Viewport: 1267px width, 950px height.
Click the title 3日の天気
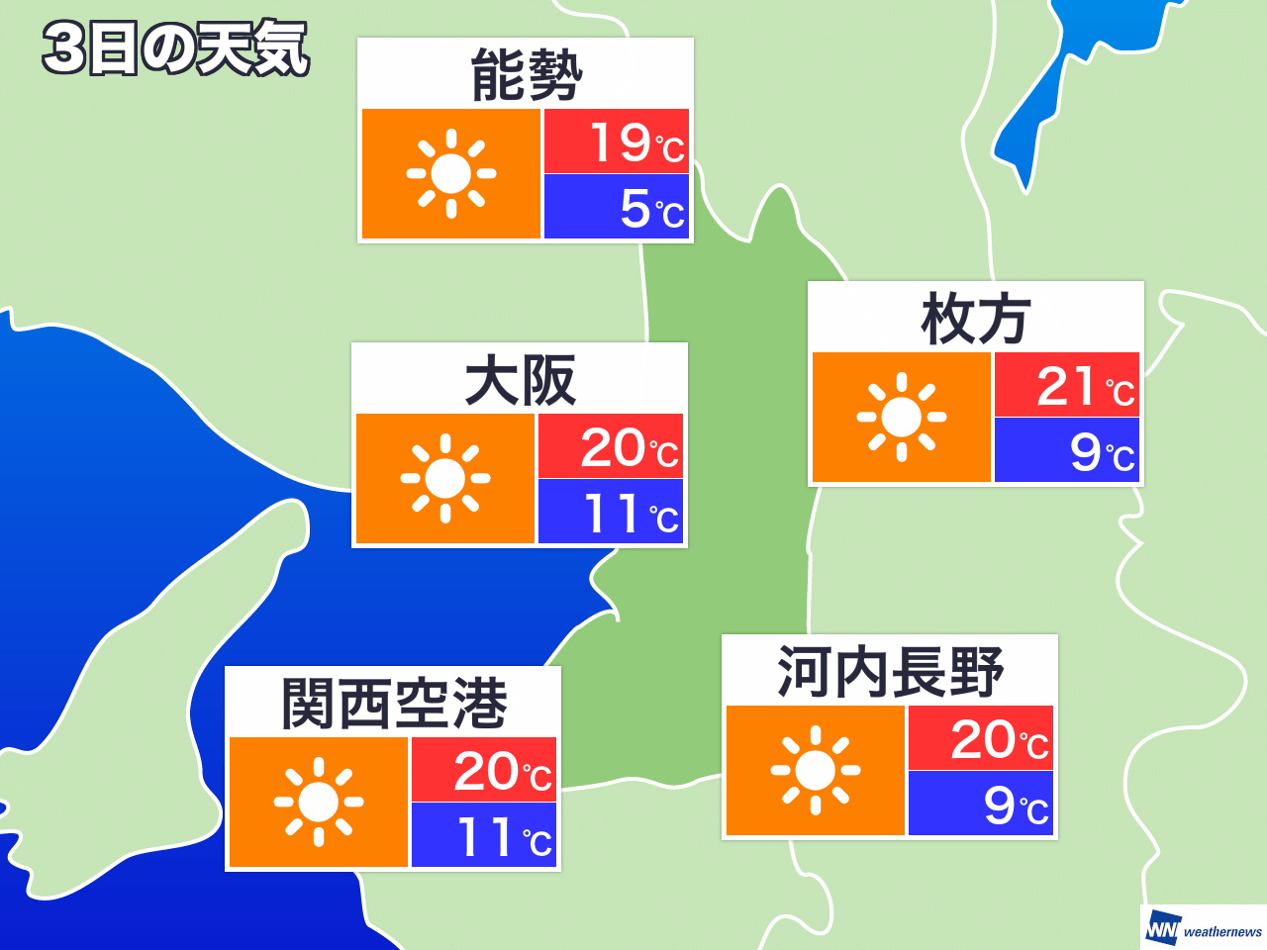click(x=176, y=48)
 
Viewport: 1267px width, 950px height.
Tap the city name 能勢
click(x=526, y=76)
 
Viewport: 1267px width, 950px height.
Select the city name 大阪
click(x=520, y=381)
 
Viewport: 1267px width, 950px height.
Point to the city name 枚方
click(x=976, y=320)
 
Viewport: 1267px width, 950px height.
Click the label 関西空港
click(x=394, y=704)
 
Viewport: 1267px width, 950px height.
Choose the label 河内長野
click(x=890, y=672)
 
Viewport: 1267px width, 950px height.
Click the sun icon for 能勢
click(x=451, y=174)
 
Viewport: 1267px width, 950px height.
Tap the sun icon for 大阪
click(x=445, y=479)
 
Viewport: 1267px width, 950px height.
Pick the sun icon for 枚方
click(x=902, y=418)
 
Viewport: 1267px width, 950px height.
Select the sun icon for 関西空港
click(x=319, y=803)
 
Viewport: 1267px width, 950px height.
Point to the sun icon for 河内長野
click(x=816, y=771)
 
